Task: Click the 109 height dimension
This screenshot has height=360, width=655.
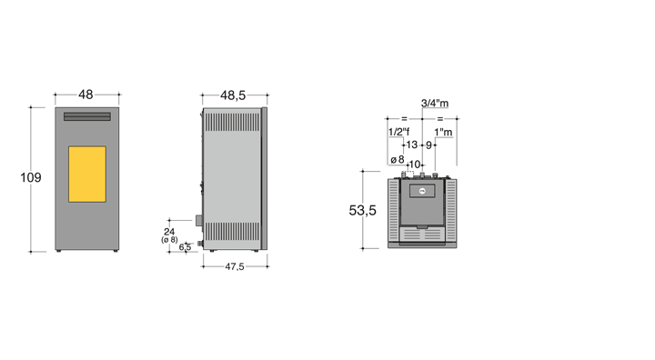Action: [x=31, y=177]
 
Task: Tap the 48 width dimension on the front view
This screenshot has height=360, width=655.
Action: [x=86, y=95]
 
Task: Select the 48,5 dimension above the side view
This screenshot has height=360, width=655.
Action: [x=233, y=95]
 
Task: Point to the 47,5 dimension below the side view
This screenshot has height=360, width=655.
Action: [x=235, y=266]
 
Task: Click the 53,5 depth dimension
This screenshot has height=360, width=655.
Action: [x=363, y=211]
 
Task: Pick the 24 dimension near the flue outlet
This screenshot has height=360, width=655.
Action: [x=169, y=232]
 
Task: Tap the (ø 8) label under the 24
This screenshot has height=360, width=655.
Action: [x=169, y=240]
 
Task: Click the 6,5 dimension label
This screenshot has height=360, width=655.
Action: [x=185, y=247]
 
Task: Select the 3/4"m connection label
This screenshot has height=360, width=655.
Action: [x=435, y=103]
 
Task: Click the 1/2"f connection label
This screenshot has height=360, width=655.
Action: [x=399, y=132]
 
